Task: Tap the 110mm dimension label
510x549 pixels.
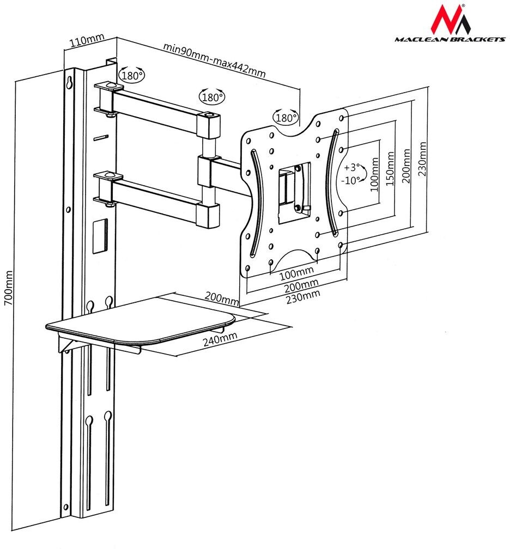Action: click(87, 40)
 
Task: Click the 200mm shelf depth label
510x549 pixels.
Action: click(222, 298)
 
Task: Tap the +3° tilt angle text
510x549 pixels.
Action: click(351, 167)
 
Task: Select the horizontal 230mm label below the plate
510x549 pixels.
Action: click(303, 295)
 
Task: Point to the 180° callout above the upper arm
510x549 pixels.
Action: click(212, 97)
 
